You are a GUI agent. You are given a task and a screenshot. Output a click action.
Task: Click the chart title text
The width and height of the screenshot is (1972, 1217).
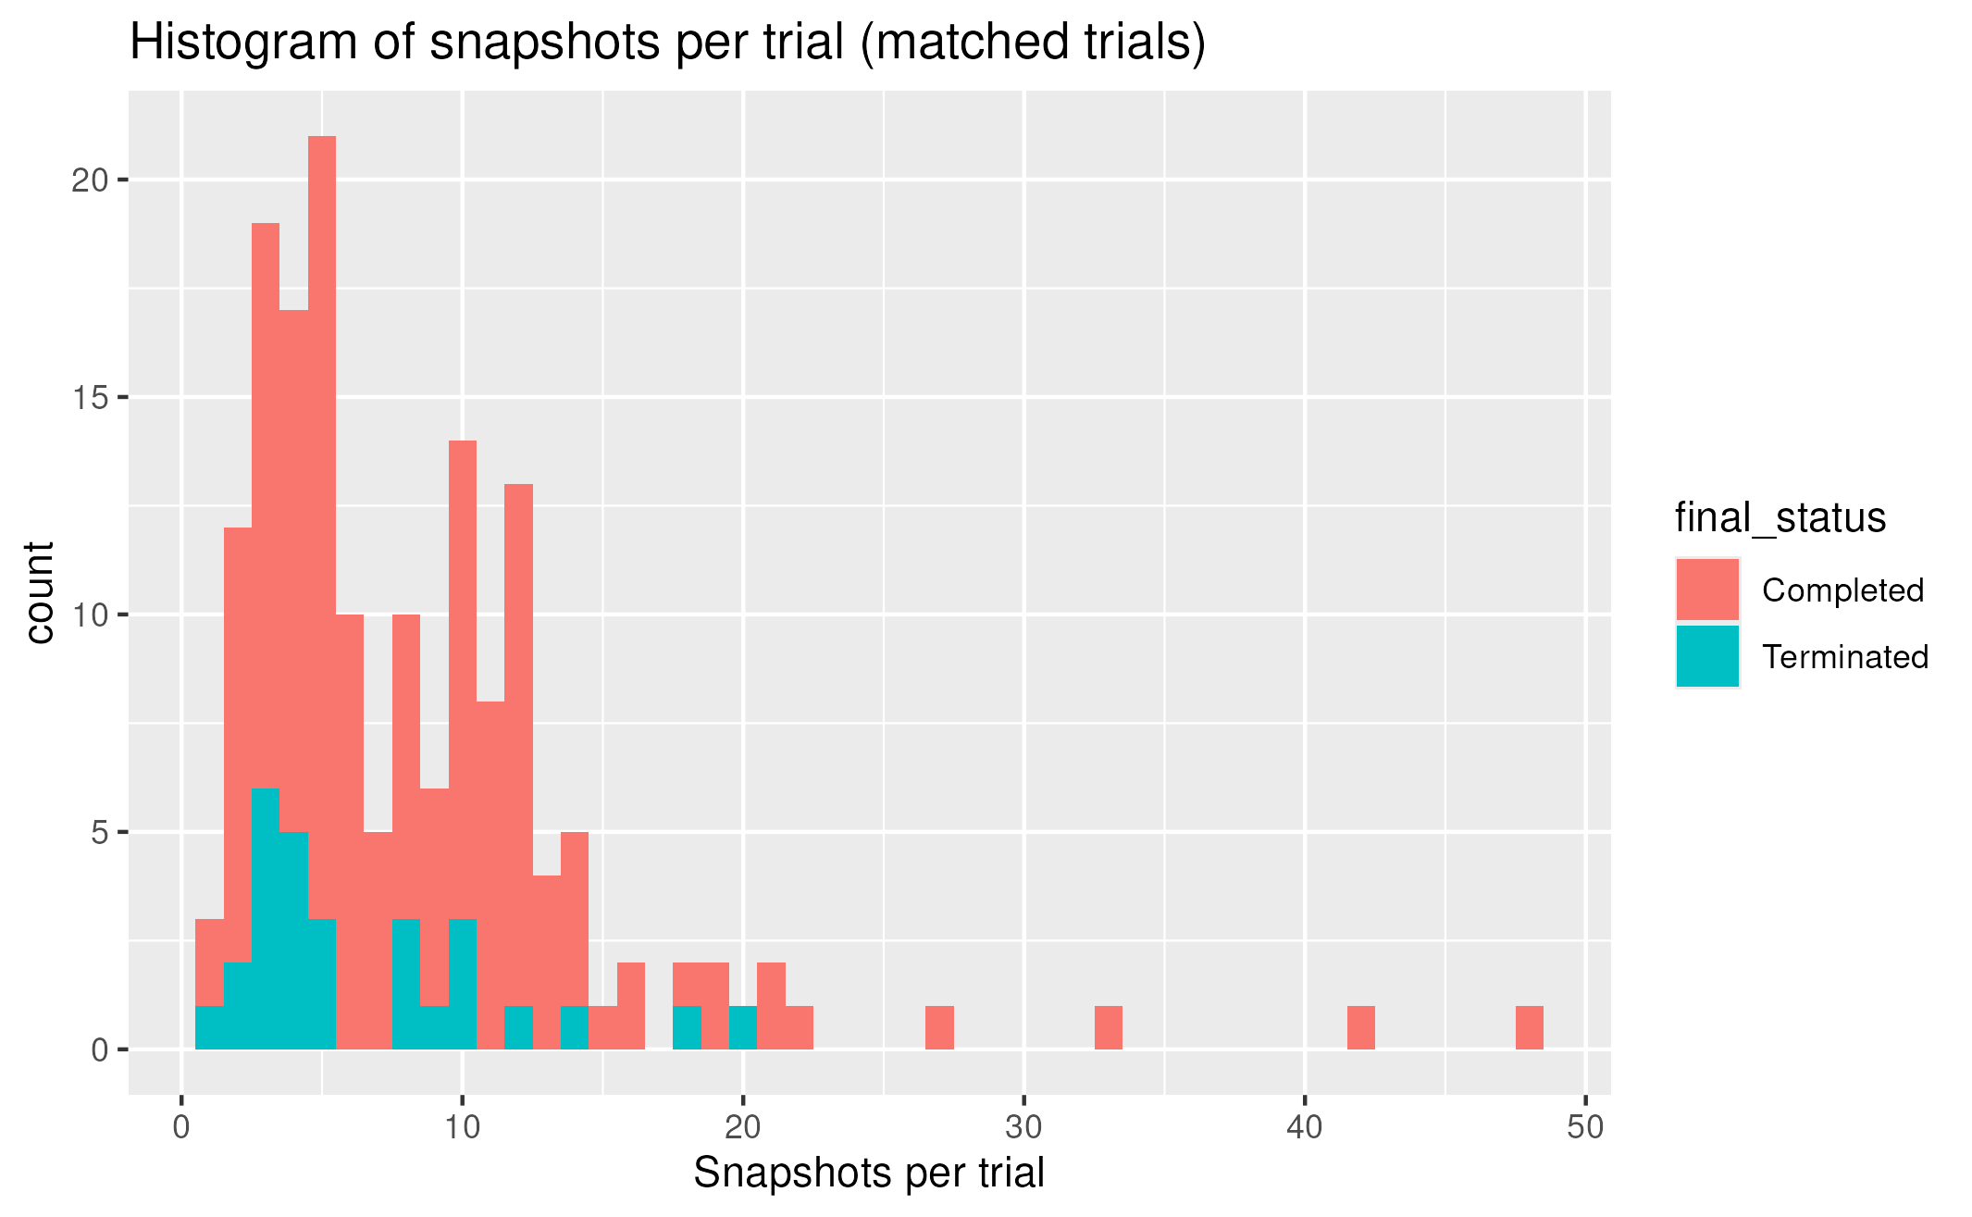click(x=667, y=43)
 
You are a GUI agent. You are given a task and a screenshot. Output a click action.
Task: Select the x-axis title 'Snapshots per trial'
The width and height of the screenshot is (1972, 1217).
click(x=868, y=1174)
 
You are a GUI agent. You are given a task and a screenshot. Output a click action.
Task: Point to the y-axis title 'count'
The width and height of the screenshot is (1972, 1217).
click(x=39, y=592)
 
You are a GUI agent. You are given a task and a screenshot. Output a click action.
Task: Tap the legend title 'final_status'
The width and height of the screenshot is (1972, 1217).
click(x=1780, y=517)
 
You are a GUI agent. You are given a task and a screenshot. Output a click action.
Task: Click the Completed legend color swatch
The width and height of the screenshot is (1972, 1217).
click(x=1706, y=590)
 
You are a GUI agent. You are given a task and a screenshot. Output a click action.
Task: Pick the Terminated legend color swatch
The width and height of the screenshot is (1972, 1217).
click(x=1706, y=656)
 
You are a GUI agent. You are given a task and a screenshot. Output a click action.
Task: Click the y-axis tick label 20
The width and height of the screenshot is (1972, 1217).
click(x=90, y=180)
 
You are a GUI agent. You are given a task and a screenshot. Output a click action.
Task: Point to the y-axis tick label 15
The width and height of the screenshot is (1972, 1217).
click(x=90, y=398)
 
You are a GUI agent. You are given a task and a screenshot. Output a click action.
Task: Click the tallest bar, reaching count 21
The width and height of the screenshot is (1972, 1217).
click(x=322, y=528)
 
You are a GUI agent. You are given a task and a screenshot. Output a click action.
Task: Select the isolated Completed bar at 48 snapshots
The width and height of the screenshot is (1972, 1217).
click(x=1529, y=1028)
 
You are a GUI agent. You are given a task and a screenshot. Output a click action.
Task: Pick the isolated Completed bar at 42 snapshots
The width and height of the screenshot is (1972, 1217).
click(x=1360, y=1028)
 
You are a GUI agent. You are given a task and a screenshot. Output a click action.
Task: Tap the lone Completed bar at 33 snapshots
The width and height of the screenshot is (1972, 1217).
click(x=1108, y=1028)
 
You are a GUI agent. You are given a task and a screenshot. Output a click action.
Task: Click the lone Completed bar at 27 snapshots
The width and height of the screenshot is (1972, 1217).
click(x=939, y=1028)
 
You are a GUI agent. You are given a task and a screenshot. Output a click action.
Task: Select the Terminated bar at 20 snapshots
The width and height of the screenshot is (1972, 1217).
click(x=743, y=1028)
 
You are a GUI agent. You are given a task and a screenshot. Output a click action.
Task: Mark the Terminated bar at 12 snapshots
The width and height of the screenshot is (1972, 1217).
click(x=518, y=1028)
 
